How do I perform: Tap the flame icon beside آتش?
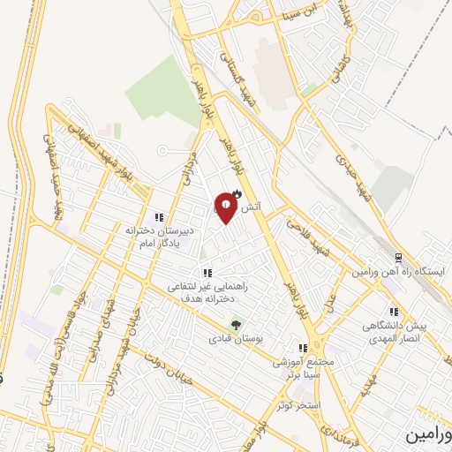click(x=236, y=196)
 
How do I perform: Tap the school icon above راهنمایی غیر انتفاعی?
click(x=207, y=273)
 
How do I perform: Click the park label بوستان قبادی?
click(x=231, y=338)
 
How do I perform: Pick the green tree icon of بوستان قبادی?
click(x=235, y=324)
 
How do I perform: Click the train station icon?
click(x=398, y=258)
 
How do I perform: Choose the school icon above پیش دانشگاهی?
click(x=394, y=312)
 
